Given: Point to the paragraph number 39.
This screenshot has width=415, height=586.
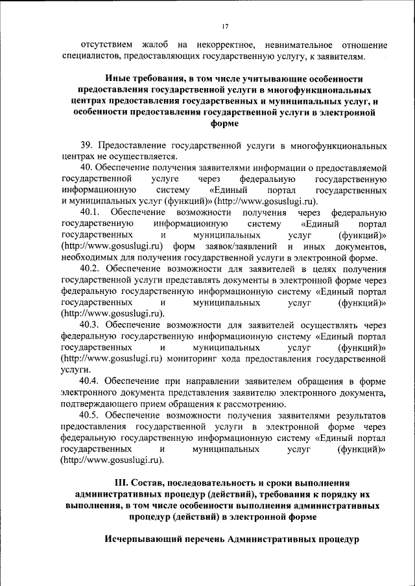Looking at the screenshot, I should (87, 145).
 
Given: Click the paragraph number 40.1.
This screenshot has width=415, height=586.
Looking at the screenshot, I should (90, 212).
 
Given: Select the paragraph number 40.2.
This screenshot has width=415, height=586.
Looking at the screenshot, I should (90, 269).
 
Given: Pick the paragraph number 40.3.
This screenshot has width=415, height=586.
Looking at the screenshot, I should (90, 324).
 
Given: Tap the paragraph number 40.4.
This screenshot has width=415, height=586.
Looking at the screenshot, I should (90, 380).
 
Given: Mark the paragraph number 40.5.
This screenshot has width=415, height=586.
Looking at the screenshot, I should (90, 414).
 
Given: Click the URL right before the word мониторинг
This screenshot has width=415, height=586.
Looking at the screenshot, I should (112, 358).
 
